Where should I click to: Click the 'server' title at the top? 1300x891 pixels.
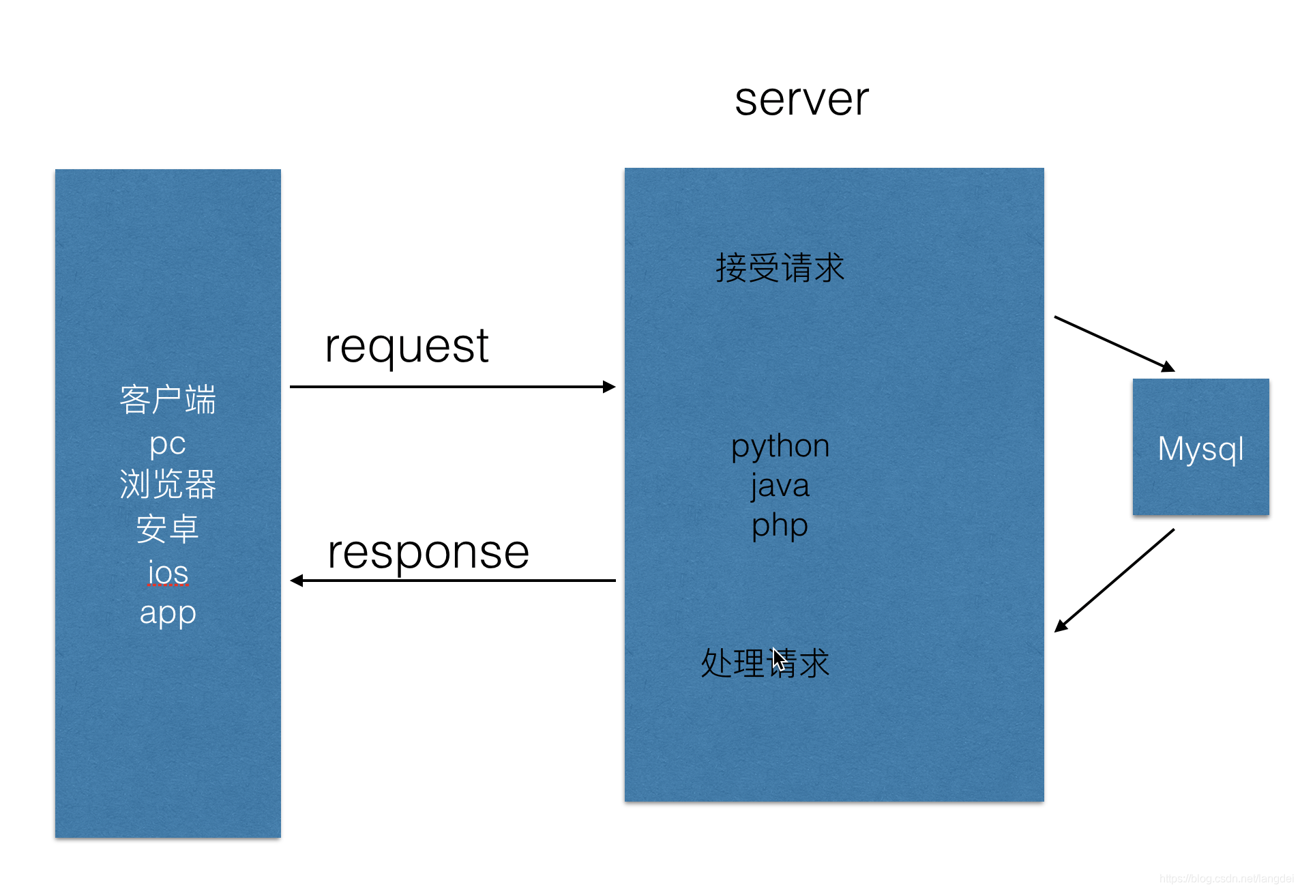801,100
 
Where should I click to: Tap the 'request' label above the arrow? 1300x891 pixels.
407,347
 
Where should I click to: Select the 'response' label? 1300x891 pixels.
428,553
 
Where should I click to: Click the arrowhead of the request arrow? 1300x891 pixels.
610,387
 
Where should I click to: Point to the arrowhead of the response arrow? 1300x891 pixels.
297,581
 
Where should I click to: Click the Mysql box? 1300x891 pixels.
1200,447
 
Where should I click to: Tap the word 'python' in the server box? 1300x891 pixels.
780,448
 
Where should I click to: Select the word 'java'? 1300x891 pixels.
780,486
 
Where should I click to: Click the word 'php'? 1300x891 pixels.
780,527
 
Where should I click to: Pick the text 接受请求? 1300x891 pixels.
780,267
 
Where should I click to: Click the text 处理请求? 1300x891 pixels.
765,662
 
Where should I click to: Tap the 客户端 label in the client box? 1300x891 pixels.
168,400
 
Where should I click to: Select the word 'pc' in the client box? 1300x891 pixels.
168,445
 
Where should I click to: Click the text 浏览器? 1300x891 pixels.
168,484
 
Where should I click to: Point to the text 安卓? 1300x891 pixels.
168,529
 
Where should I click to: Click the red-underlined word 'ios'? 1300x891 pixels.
168,573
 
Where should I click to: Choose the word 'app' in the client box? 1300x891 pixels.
168,614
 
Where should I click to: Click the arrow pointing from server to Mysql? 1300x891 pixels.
1114,344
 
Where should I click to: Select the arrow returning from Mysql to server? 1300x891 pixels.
1114,581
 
